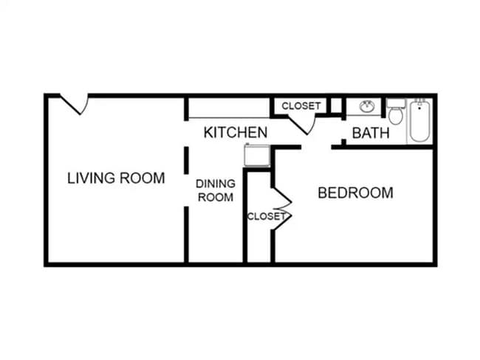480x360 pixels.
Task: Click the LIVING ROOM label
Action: click(x=116, y=178)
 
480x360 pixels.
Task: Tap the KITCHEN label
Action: click(x=235, y=133)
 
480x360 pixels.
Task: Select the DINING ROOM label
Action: click(x=215, y=190)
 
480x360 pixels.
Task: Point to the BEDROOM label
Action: click(x=355, y=193)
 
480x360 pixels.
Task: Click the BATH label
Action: click(x=370, y=134)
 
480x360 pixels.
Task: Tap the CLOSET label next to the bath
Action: click(x=301, y=106)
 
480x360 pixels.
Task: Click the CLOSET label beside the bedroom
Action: click(x=265, y=216)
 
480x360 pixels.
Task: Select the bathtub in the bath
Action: click(x=420, y=121)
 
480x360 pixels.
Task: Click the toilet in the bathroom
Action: click(x=396, y=114)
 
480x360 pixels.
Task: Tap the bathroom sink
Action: click(x=366, y=107)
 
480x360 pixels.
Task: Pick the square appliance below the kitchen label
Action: click(x=258, y=156)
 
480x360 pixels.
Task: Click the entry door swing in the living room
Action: click(x=76, y=104)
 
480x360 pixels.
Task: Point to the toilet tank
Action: click(x=396, y=103)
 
